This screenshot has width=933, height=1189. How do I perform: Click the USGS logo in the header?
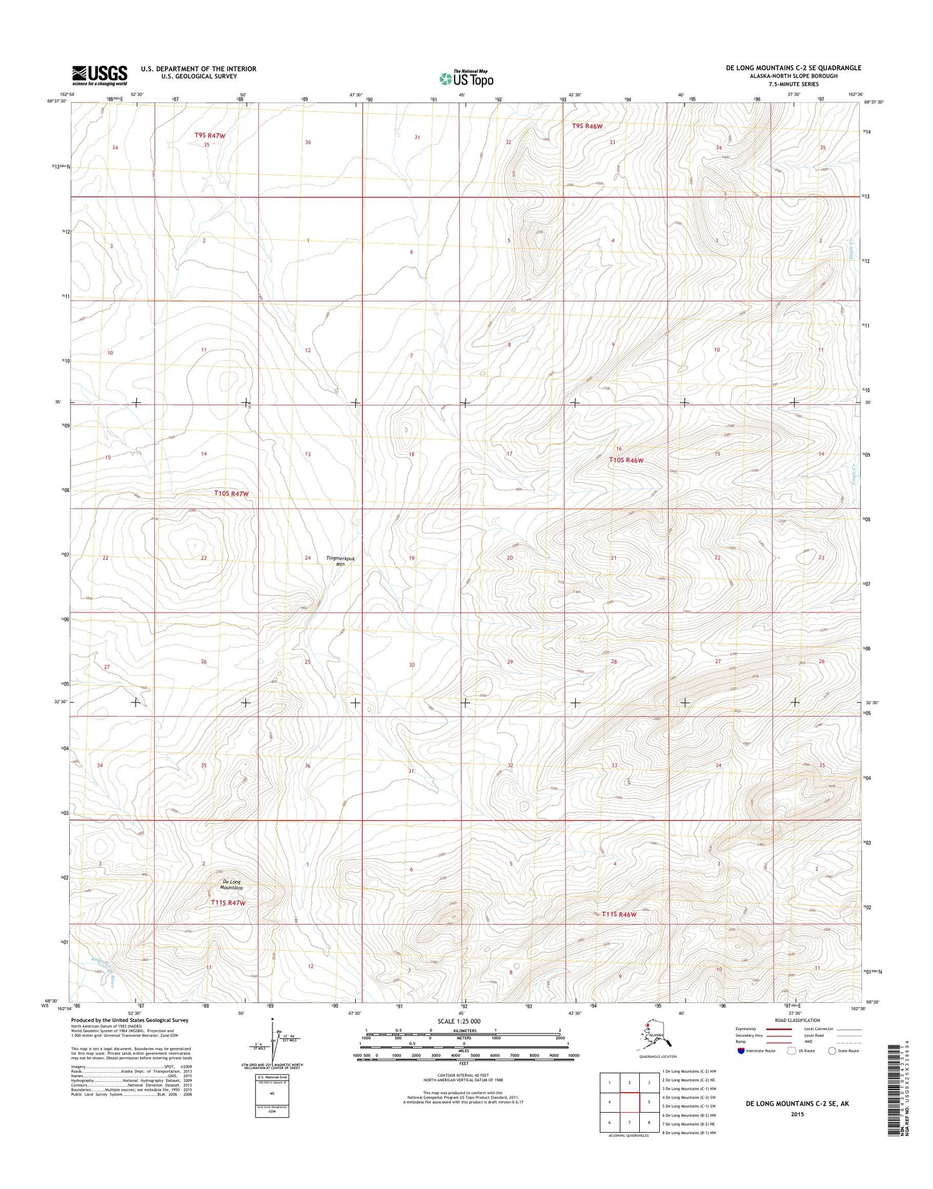99,75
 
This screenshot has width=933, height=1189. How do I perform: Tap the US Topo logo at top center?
466,78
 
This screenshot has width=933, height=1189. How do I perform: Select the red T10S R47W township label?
231,493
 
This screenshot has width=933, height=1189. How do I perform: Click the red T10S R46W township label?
626,460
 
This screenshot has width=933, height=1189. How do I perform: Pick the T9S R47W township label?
210,136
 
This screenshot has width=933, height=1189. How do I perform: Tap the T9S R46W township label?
587,127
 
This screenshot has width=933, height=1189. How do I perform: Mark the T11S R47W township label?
228,902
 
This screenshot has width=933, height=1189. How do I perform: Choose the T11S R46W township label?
619,915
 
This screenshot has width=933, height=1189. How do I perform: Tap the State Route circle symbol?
832,1068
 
